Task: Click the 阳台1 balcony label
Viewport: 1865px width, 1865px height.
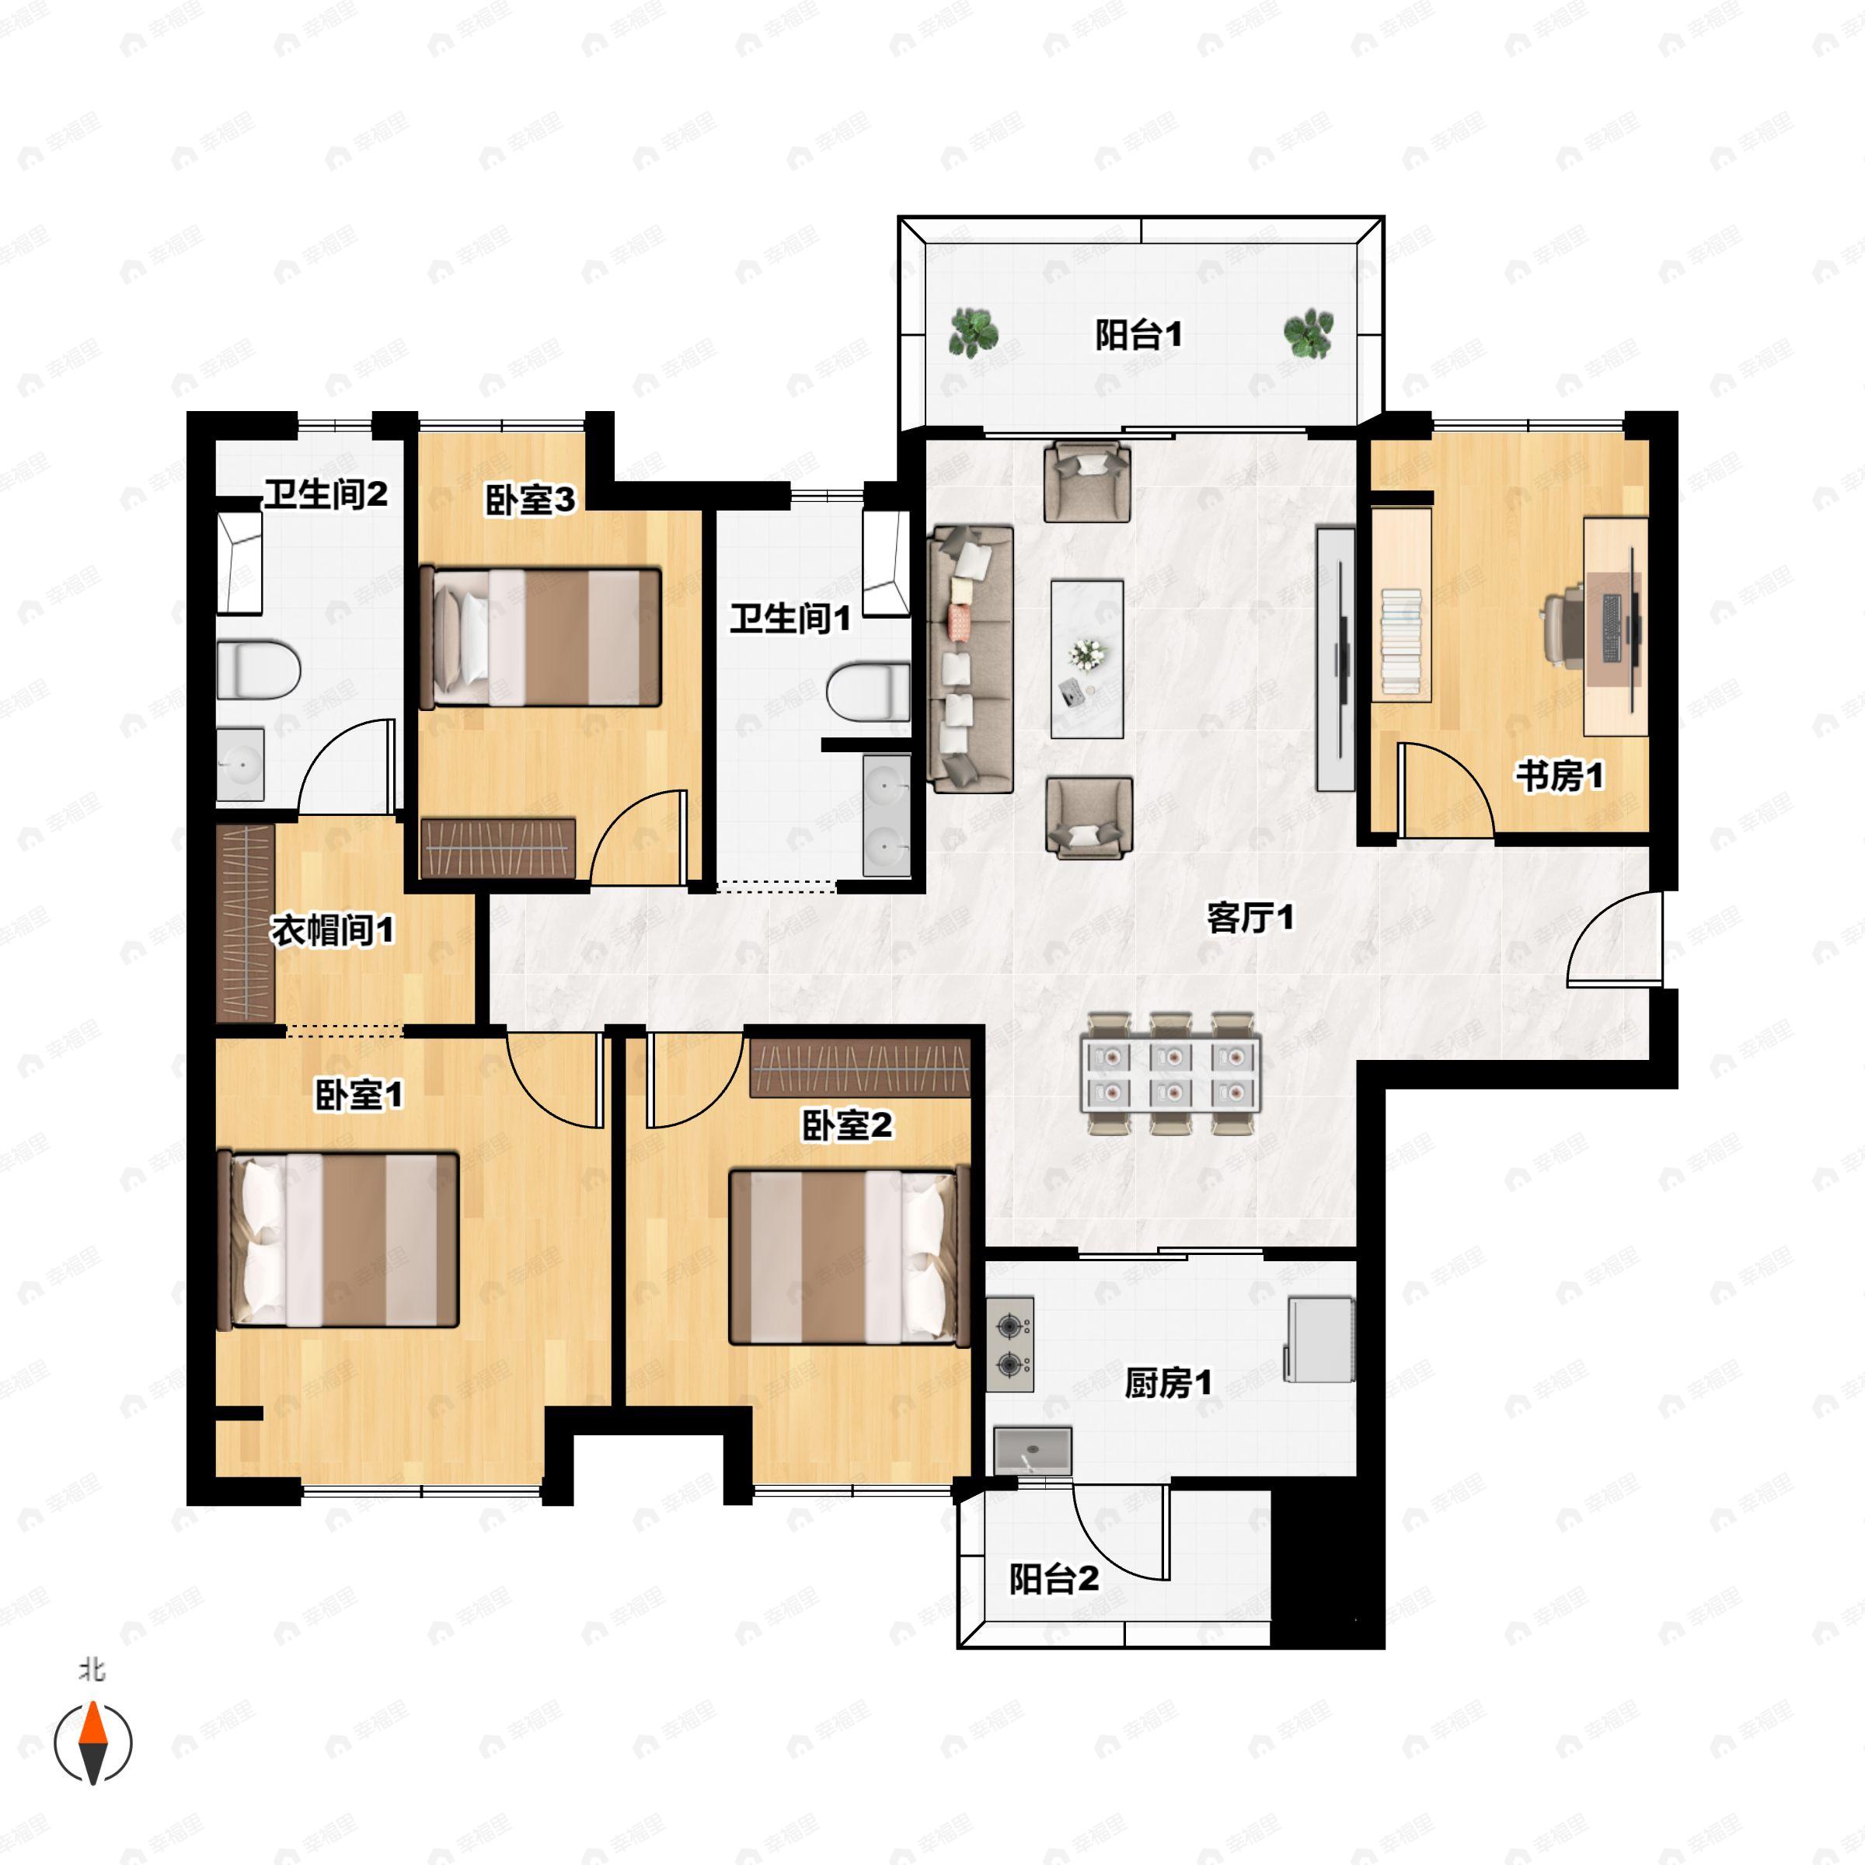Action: (x=1138, y=335)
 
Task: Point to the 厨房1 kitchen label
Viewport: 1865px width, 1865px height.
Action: (x=1168, y=1383)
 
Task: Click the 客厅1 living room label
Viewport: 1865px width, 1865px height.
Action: (x=1250, y=917)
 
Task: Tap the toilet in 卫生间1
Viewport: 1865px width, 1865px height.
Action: (x=868, y=691)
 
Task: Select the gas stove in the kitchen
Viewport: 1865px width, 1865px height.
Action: (x=1009, y=1344)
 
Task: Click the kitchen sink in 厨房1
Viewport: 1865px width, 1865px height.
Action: (x=1033, y=1450)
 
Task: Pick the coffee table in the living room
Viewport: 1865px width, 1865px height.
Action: (x=1087, y=659)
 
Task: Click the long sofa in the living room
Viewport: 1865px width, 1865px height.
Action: (x=970, y=659)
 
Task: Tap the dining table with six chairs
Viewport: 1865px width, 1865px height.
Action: (x=1171, y=1073)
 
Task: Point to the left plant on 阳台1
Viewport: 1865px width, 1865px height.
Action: (x=973, y=333)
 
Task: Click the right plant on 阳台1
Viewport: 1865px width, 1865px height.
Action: (x=1308, y=333)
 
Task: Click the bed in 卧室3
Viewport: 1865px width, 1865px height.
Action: (x=541, y=637)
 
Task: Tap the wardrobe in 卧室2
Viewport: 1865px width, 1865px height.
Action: (x=860, y=1068)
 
